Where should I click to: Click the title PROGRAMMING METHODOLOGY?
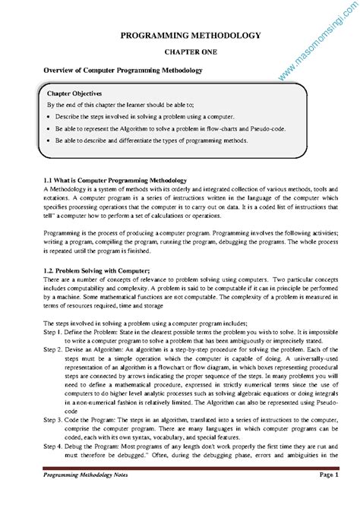[x=180, y=35]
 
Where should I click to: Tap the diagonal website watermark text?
[x=312, y=42]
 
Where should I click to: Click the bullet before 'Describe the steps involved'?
[x=49, y=117]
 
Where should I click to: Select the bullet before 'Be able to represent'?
[x=49, y=129]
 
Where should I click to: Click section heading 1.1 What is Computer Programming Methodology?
[x=115, y=179]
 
